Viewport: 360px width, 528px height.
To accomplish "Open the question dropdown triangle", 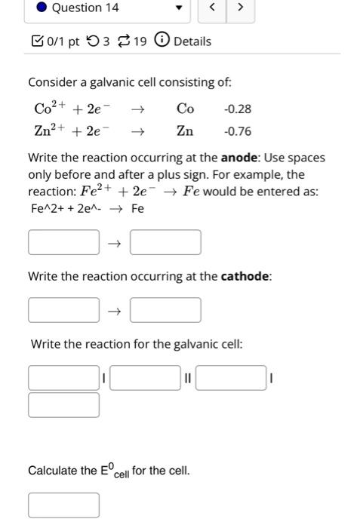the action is tap(179, 9).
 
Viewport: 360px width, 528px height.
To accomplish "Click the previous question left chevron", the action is tap(213, 8).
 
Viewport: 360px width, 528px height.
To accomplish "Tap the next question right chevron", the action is tap(240, 8).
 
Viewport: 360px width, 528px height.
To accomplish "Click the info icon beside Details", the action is tap(161, 41).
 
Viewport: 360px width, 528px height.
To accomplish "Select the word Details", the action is tap(192, 41).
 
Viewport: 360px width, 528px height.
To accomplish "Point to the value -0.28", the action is tap(238, 109).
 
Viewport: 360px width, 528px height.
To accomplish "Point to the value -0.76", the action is tap(238, 131).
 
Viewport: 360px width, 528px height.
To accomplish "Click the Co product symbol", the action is tap(185, 109).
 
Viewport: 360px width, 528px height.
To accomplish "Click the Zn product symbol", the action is tap(185, 131).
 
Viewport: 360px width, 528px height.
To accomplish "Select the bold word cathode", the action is tap(245, 277).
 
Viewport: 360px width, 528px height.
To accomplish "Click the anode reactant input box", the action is tap(64, 243).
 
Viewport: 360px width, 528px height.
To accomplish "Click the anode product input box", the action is tap(165, 243).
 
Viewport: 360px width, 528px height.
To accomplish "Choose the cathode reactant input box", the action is tap(64, 310).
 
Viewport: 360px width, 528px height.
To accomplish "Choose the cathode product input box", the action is tap(165, 310).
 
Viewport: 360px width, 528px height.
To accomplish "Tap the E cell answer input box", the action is tap(64, 505).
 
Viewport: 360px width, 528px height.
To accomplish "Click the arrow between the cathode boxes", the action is tap(115, 311).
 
